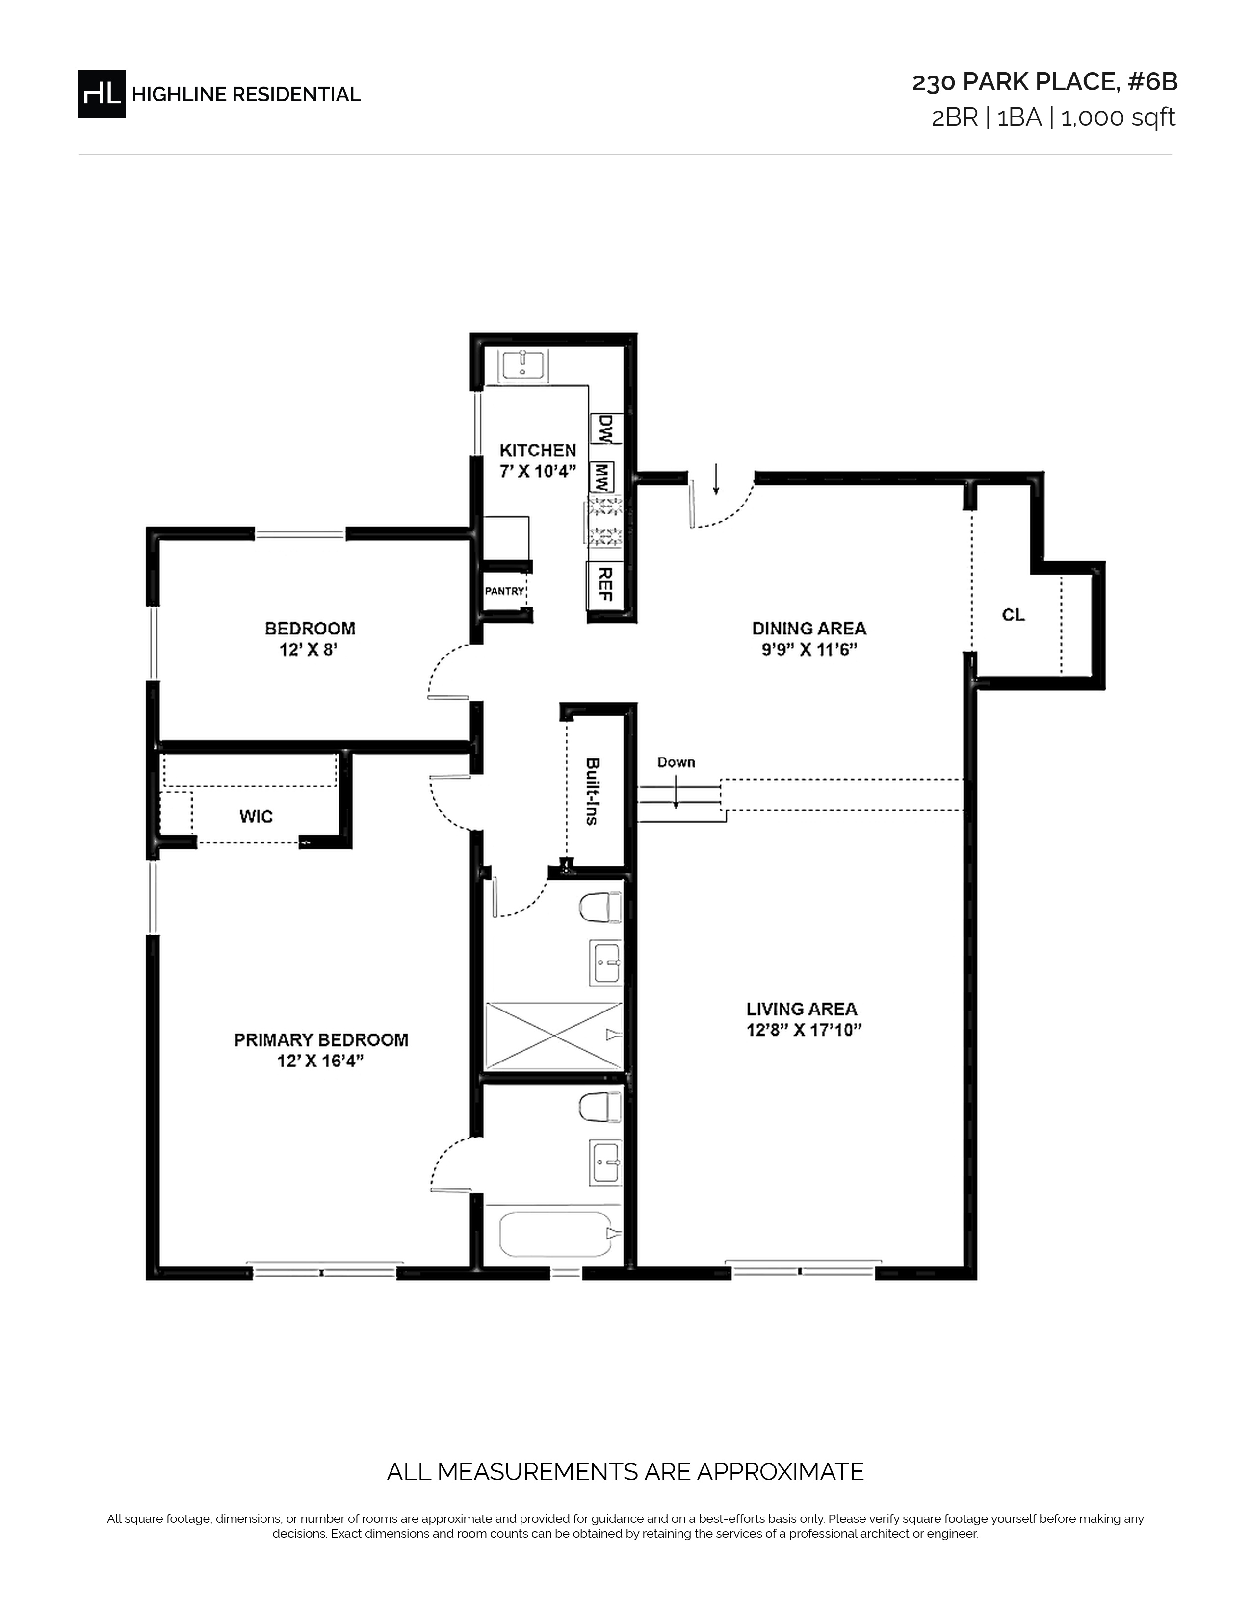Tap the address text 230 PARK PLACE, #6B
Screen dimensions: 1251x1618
pos(1044,82)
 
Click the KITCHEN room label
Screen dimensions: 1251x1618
pos(537,451)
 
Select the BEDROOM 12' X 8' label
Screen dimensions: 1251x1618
pos(310,638)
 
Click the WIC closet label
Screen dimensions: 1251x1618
pos(256,816)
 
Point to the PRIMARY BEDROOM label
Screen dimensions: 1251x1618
pos(321,1040)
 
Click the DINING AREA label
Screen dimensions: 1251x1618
pos(808,628)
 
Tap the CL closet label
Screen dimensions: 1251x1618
pos(1013,615)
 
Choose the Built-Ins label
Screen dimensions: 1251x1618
pos(592,791)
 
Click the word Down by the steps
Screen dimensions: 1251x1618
pos(676,762)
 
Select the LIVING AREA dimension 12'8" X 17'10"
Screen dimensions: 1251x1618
pos(804,1030)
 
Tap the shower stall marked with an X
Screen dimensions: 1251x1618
pos(553,1036)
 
